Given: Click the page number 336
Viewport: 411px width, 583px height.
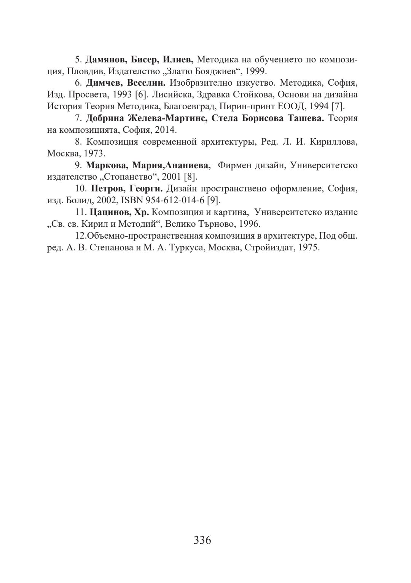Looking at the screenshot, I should click(x=202, y=540).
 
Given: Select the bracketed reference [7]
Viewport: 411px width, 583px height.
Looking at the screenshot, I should click(x=338, y=106).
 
